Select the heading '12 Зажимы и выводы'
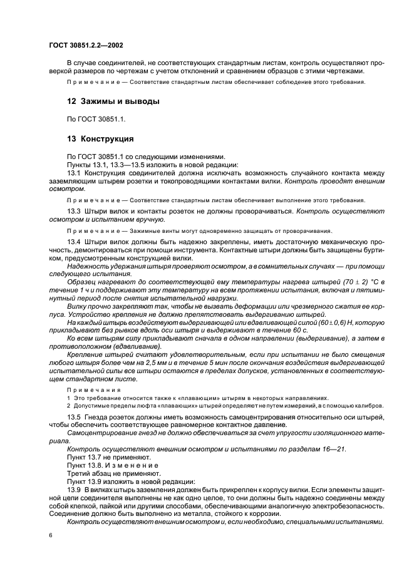113,101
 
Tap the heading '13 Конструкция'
100,138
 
